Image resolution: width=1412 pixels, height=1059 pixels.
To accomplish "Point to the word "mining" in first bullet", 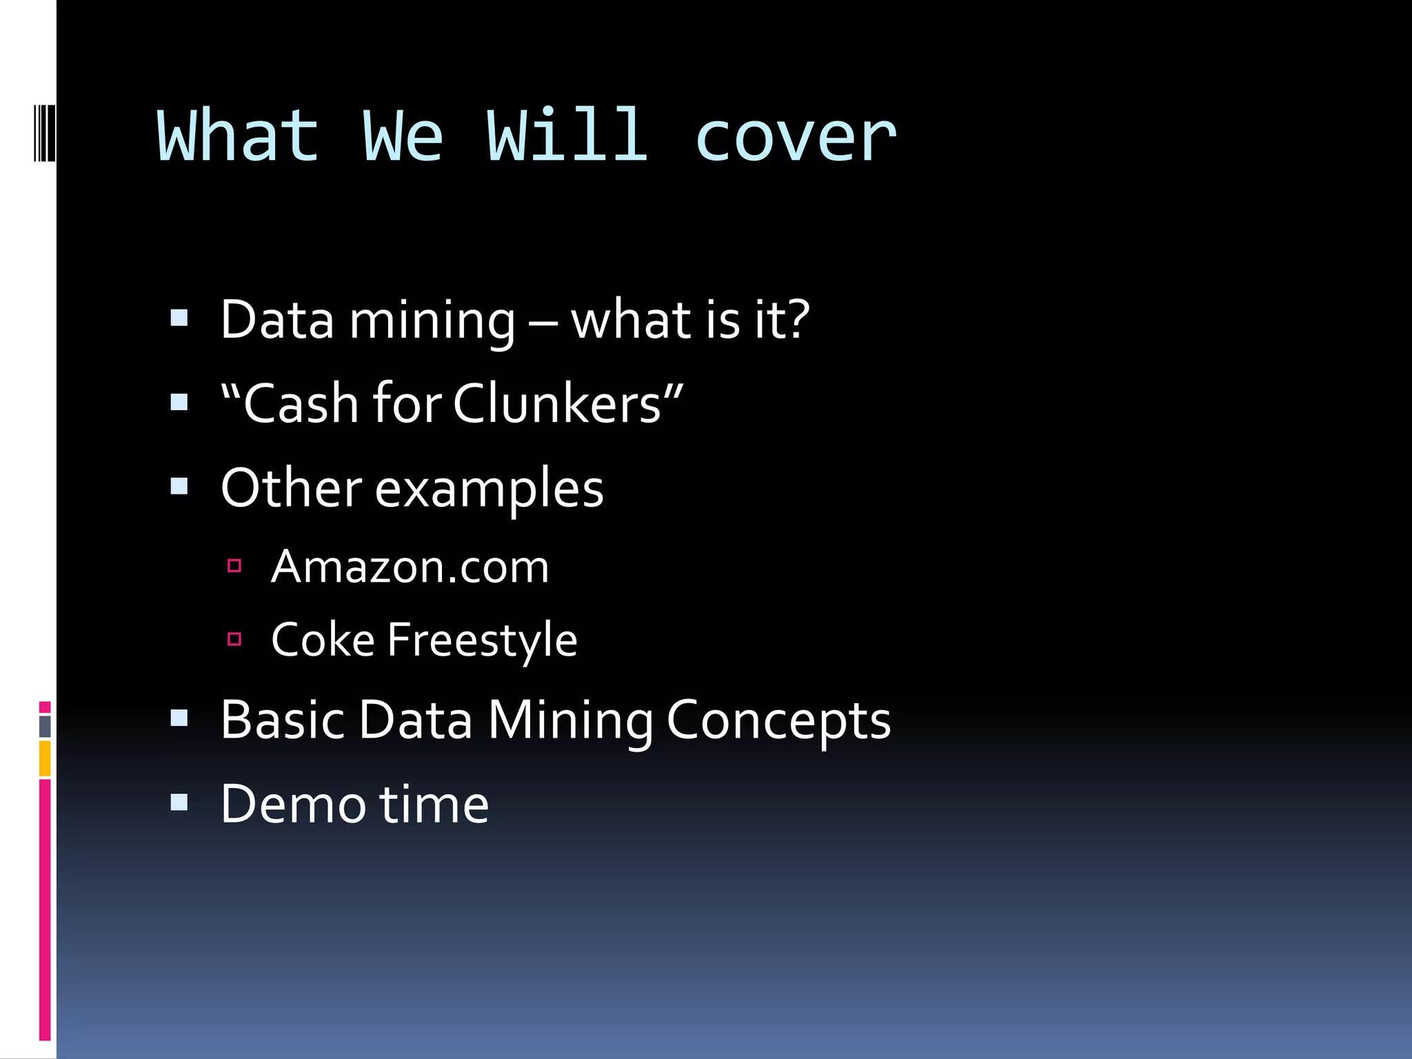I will (x=432, y=322).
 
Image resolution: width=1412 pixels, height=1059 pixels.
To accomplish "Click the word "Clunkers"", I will (x=557, y=404).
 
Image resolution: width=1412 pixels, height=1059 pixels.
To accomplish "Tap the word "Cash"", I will (x=301, y=404).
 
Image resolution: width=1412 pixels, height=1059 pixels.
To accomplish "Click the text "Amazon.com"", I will (x=410, y=567).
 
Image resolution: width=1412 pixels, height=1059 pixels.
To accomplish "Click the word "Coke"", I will (x=323, y=640).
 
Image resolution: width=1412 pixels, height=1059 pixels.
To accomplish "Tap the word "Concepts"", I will (x=778, y=721).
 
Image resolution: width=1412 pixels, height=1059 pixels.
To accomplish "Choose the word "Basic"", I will (x=282, y=720).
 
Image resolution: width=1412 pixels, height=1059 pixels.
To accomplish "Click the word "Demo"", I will (x=293, y=805).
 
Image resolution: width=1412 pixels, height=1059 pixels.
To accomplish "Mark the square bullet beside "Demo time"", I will (x=179, y=802).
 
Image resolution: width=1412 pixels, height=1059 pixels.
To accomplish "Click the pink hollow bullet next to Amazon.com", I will (x=234, y=566).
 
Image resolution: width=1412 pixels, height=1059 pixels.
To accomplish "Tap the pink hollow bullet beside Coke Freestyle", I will (x=234, y=639).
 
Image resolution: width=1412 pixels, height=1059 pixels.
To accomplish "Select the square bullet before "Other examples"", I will (x=179, y=487).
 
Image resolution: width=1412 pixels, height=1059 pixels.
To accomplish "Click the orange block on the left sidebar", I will (x=45, y=758).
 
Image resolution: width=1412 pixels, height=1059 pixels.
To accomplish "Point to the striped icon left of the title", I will (x=45, y=132).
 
